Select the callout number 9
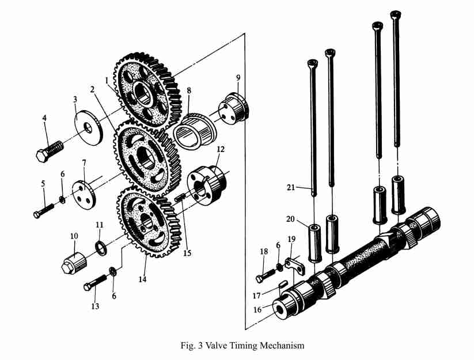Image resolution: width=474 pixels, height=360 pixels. tap(238, 77)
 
